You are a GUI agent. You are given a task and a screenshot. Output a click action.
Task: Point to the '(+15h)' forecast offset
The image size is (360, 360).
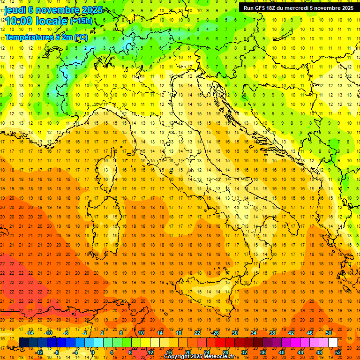point(81,21)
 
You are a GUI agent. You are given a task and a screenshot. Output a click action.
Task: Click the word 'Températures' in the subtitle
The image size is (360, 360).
point(28,37)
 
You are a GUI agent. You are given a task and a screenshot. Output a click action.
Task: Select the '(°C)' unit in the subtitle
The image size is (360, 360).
point(81,37)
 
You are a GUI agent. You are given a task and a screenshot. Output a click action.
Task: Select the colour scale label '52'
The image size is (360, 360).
point(338,352)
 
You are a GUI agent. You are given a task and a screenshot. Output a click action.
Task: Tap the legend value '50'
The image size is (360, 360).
point(329,333)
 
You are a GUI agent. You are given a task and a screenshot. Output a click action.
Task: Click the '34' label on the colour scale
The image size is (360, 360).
point(254,333)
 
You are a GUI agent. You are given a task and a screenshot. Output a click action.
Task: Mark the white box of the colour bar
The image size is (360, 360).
point(333,342)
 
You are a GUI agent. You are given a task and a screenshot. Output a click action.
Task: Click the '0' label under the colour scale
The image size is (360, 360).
point(93,352)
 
